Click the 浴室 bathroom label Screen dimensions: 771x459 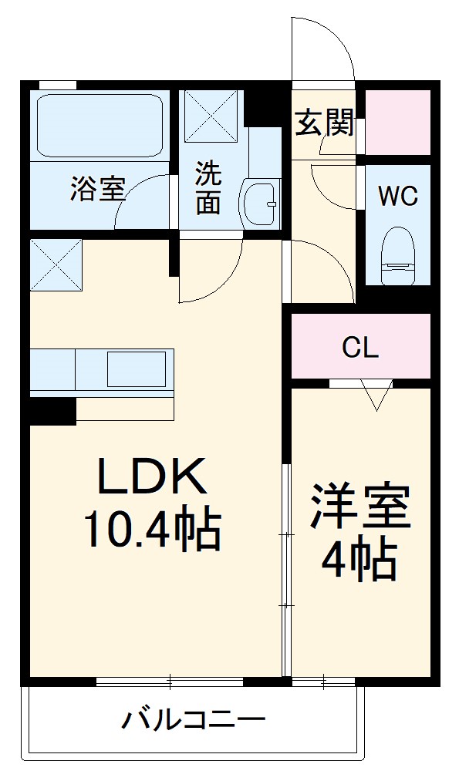[x=97, y=190]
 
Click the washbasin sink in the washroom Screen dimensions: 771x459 [x=260, y=203]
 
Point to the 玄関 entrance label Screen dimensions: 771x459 [x=324, y=123]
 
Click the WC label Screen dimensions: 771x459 [x=397, y=196]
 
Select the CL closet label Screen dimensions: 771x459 [x=360, y=348]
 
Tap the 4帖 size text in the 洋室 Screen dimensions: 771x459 [x=359, y=561]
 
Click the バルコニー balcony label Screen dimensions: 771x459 [x=193, y=722]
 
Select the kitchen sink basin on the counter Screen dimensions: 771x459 [x=136, y=369]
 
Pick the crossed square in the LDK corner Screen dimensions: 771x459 [x=56, y=265]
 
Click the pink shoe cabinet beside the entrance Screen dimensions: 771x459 [x=397, y=122]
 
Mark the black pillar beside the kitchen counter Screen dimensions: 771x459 [x=52, y=411]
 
